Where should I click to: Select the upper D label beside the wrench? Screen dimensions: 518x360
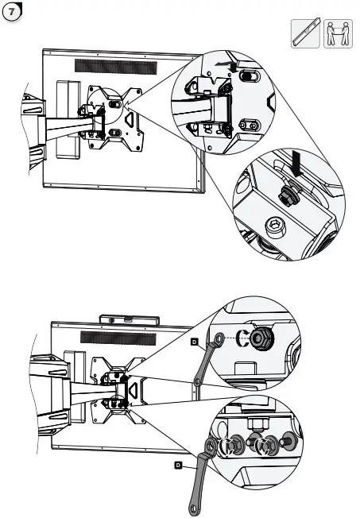(194, 342)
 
